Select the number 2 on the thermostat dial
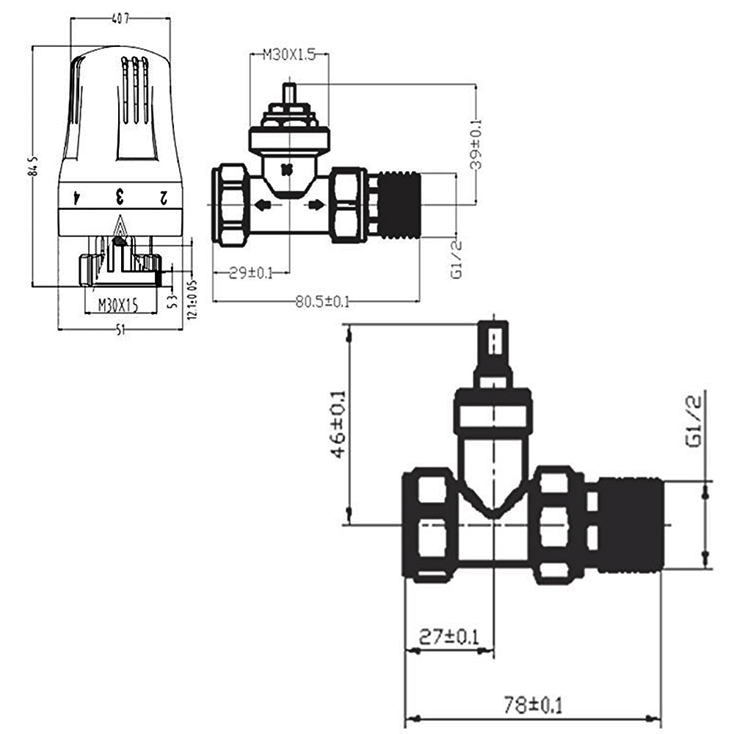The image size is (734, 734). pyautogui.click(x=164, y=197)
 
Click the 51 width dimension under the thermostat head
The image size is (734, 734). pyautogui.click(x=119, y=330)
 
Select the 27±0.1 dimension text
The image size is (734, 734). pyautogui.click(x=448, y=636)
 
